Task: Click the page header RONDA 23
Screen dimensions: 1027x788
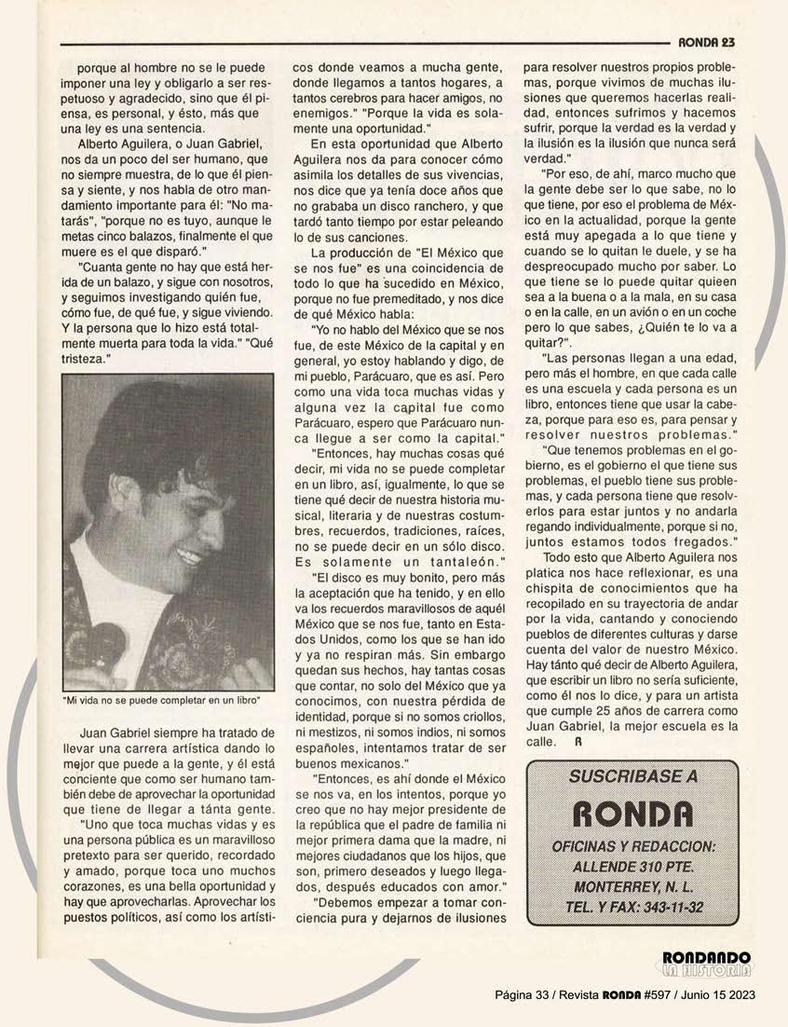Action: click(707, 41)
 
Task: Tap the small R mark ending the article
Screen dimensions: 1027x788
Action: click(577, 743)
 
